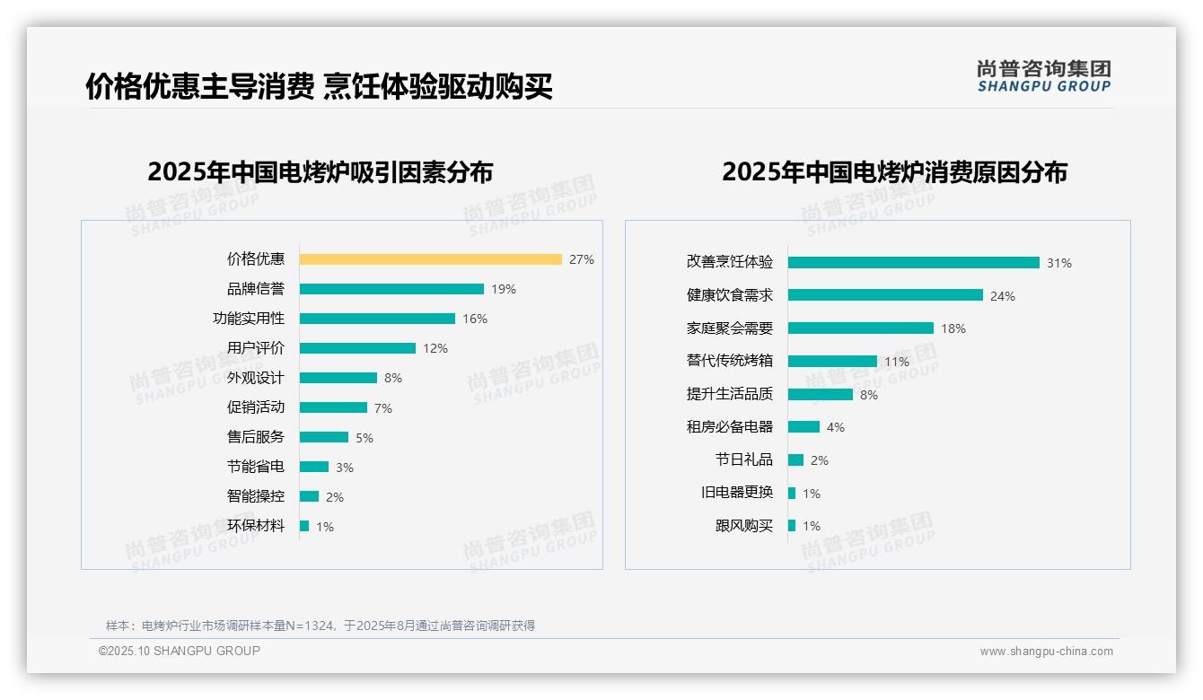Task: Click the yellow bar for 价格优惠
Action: (431, 259)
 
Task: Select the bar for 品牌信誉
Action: (391, 289)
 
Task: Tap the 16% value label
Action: (475, 319)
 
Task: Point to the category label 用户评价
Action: (256, 348)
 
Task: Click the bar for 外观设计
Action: (338, 378)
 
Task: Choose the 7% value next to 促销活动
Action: (383, 408)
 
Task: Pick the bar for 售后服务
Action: (324, 437)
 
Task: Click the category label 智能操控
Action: (256, 496)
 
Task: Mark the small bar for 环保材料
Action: (304, 526)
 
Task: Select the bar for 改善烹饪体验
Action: (914, 263)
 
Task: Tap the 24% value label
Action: (1003, 296)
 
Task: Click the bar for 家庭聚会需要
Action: (861, 328)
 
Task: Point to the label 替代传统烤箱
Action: (730, 361)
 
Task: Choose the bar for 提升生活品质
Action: (821, 394)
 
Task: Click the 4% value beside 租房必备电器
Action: (836, 427)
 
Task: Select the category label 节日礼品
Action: (744, 459)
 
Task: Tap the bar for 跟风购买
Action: (792, 526)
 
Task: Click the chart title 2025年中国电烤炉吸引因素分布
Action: (321, 172)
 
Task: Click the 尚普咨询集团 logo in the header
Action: (1044, 76)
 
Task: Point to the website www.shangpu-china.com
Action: (1046, 652)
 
